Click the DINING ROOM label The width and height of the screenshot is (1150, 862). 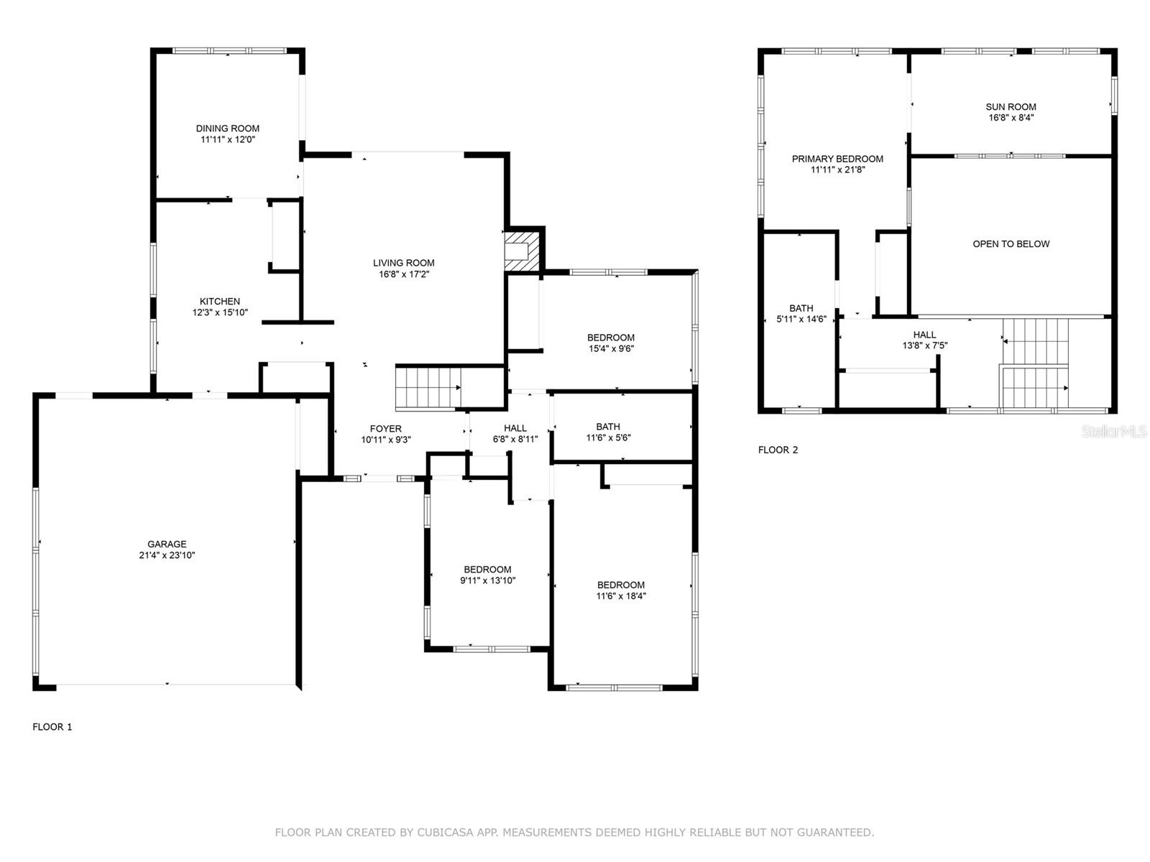pyautogui.click(x=227, y=129)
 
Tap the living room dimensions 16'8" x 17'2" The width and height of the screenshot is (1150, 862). pyautogui.click(x=403, y=274)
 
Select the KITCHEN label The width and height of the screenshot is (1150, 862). pyautogui.click(x=219, y=302)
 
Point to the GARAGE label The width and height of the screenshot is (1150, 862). pyautogui.click(x=167, y=544)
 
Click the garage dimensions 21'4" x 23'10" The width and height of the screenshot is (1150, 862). pyautogui.click(x=167, y=555)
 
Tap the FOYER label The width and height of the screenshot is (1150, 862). pyautogui.click(x=385, y=429)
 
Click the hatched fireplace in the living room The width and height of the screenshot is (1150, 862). pyautogui.click(x=522, y=251)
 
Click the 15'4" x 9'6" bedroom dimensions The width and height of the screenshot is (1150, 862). pyautogui.click(x=611, y=348)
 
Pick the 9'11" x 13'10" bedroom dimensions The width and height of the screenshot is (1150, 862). pyautogui.click(x=488, y=580)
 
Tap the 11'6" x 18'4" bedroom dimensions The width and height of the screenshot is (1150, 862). pyautogui.click(x=621, y=596)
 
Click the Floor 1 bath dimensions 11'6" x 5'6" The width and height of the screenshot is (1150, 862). pyautogui.click(x=608, y=438)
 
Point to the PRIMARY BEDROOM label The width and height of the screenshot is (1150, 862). pyautogui.click(x=837, y=159)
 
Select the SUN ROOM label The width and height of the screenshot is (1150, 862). pyautogui.click(x=1011, y=107)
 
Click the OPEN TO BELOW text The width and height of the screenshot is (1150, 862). pyautogui.click(x=1011, y=244)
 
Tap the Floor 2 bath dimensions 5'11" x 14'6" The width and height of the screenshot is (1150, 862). pyautogui.click(x=801, y=319)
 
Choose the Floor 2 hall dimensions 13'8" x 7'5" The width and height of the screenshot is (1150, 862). pyautogui.click(x=925, y=346)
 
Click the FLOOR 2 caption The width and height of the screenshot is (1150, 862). pyautogui.click(x=778, y=450)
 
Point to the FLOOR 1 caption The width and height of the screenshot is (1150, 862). pyautogui.click(x=52, y=727)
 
